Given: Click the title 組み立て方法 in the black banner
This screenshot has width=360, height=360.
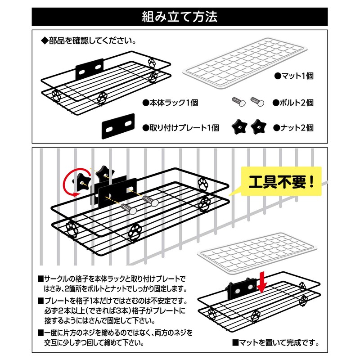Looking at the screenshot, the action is (x=180, y=17).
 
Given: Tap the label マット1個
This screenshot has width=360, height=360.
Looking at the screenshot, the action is (x=294, y=76).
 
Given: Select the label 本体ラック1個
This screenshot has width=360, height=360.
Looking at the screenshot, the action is (x=170, y=103).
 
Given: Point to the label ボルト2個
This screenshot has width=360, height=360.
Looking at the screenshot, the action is (x=293, y=103).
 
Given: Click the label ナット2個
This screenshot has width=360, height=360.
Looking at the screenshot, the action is (x=293, y=128).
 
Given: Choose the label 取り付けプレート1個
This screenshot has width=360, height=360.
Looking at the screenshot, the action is (x=180, y=128).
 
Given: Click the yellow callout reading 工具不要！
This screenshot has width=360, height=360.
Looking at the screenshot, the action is (x=281, y=182).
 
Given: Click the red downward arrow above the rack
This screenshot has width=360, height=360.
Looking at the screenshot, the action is (x=262, y=282).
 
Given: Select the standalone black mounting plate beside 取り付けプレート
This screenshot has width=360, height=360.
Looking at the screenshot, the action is (x=118, y=126).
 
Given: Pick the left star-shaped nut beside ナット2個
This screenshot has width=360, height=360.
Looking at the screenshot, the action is (x=239, y=127).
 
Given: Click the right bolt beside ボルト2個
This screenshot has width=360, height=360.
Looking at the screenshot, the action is (x=257, y=102).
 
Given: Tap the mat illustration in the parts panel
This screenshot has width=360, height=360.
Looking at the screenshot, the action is (x=245, y=63).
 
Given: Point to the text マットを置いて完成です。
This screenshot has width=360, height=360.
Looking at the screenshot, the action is (x=276, y=343).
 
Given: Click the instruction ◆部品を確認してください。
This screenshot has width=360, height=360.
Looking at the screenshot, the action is (x=88, y=41).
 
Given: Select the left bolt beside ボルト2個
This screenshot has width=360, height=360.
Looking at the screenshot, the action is (x=238, y=102).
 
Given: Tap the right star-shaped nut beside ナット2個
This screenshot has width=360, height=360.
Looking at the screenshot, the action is (x=258, y=127).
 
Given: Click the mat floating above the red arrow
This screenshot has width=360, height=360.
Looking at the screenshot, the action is (x=257, y=253).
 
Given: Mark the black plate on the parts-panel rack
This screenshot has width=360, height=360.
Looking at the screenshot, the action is (x=90, y=69).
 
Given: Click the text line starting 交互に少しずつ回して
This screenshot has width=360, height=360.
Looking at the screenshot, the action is (x=94, y=343).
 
